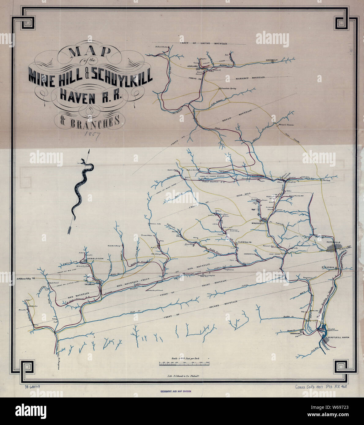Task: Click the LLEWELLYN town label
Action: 245,242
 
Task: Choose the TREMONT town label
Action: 91,284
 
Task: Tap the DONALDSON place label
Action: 95,258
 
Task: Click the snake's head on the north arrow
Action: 82,161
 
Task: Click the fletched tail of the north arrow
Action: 69,229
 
